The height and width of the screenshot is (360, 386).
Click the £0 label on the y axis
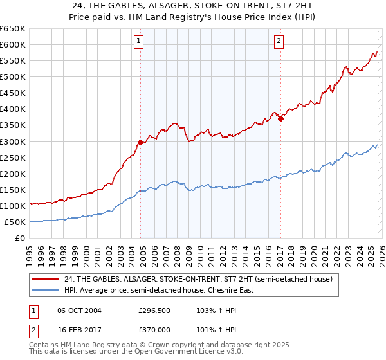19,238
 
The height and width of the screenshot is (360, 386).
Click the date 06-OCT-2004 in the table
79,310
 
